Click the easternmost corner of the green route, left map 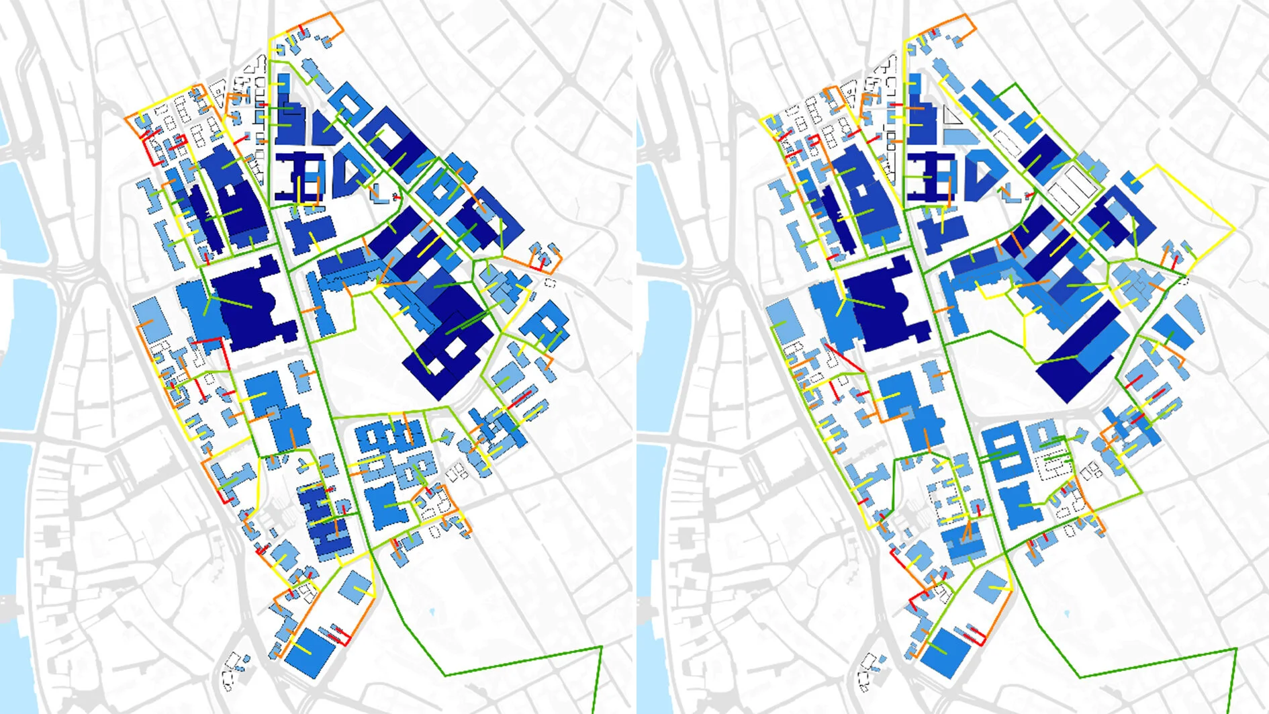602,646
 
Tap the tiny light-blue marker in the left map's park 430,612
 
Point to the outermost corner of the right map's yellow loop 1235,229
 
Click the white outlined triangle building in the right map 951,117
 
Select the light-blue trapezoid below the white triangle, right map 958,136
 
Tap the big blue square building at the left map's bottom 310,651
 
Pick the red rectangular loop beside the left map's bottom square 340,635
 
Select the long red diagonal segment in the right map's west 843,357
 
